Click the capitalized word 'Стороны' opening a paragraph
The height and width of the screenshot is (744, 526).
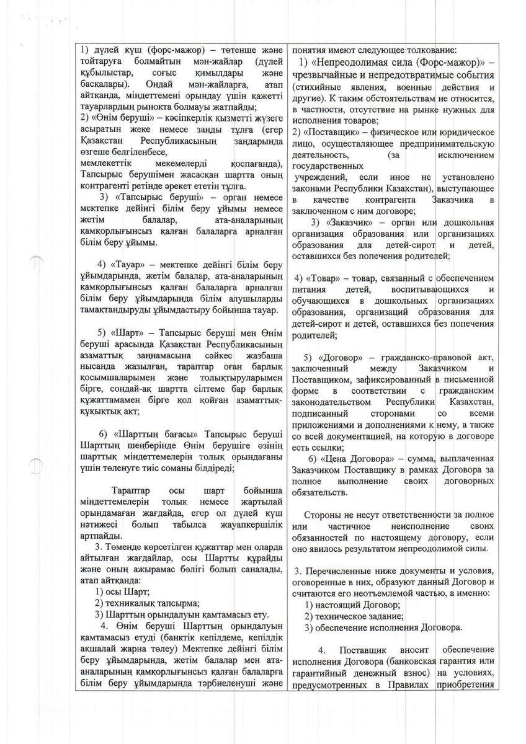(x=324, y=515)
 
